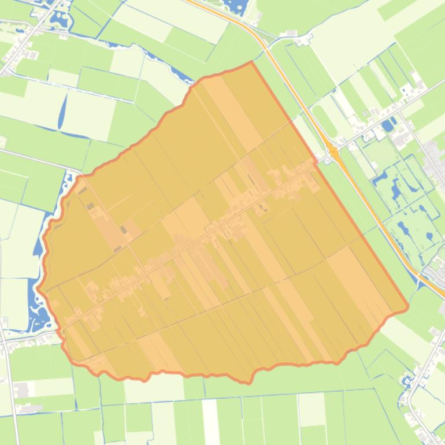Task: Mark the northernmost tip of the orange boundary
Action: (x=251, y=62)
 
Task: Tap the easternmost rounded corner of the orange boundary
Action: (x=407, y=306)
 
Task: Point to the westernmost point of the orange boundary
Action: (x=38, y=288)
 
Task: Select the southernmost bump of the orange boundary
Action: (x=247, y=382)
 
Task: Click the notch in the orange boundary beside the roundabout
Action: (x=316, y=163)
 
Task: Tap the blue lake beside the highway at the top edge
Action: (x=234, y=7)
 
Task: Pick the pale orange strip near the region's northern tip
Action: (x=231, y=110)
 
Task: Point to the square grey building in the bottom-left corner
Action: (x=21, y=391)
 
